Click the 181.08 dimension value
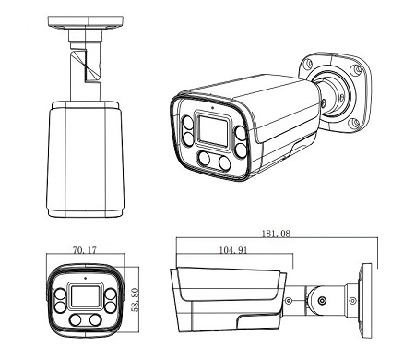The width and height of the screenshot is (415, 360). point(276,234)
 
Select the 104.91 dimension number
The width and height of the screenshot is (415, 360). point(233,250)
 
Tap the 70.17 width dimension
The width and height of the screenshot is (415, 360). point(85,250)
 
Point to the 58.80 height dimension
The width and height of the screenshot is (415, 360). point(135,300)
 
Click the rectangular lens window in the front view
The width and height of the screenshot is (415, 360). point(86,296)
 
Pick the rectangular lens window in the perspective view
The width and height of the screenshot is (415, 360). point(213,131)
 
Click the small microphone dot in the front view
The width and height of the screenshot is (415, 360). point(85,278)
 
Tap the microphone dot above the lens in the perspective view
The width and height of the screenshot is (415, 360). point(212,108)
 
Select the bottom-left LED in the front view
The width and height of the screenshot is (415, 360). point(76,320)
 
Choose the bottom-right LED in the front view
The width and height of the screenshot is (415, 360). point(96,319)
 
